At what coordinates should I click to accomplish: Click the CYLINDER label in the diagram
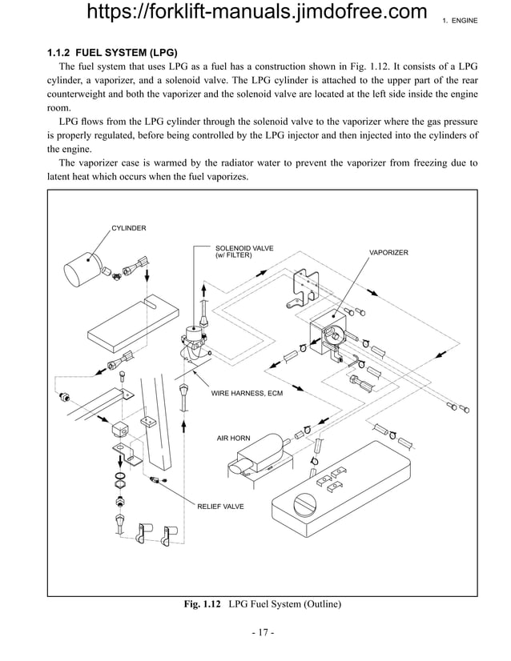pos(128,228)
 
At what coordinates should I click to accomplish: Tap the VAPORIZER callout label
pos(388,252)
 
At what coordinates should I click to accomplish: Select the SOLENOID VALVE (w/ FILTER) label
pos(244,252)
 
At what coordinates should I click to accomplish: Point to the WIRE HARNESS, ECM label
pos(247,394)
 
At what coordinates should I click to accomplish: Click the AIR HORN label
pos(234,439)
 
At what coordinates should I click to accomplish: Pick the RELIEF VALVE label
pos(220,507)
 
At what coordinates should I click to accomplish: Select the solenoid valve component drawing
pos(195,340)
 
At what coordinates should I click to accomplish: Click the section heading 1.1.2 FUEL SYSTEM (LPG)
pos(112,54)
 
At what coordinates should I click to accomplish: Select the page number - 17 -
pos(262,633)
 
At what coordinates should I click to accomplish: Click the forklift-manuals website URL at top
pos(255,12)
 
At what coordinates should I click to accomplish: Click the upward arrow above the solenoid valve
pos(204,290)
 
